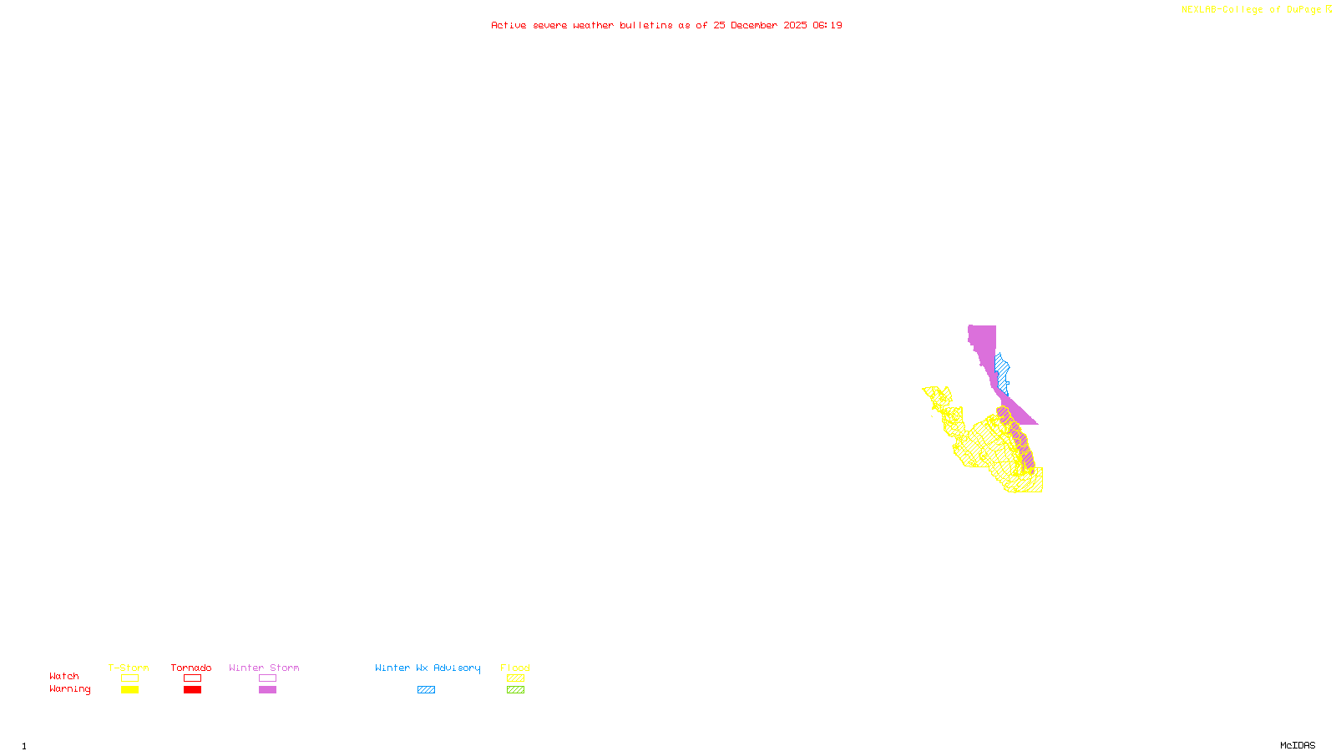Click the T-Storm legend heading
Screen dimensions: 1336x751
pyautogui.click(x=129, y=668)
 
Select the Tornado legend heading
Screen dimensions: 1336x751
pyautogui.click(x=191, y=668)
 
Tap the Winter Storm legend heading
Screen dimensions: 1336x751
pyautogui.click(x=264, y=668)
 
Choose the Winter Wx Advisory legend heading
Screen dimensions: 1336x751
pyautogui.click(x=428, y=668)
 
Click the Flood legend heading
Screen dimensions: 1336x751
pyautogui.click(x=515, y=668)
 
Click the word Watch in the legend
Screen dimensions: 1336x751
pyautogui.click(x=64, y=676)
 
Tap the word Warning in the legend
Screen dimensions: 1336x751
pyautogui.click(x=70, y=689)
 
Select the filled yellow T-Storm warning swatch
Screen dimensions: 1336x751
pyautogui.click(x=129, y=690)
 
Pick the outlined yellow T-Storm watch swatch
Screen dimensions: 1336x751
pyautogui.click(x=129, y=678)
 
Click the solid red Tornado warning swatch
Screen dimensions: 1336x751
pyautogui.click(x=193, y=690)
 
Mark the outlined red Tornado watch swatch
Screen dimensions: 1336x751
pyautogui.click(x=193, y=678)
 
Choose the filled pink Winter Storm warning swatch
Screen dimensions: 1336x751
pyautogui.click(x=267, y=690)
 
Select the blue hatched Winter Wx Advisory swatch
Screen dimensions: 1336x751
pyautogui.click(x=426, y=690)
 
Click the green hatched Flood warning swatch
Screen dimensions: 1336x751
pyautogui.click(x=515, y=690)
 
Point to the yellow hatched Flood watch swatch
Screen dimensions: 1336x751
pyautogui.click(x=515, y=678)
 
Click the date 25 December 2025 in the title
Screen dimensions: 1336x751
pyautogui.click(x=760, y=25)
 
